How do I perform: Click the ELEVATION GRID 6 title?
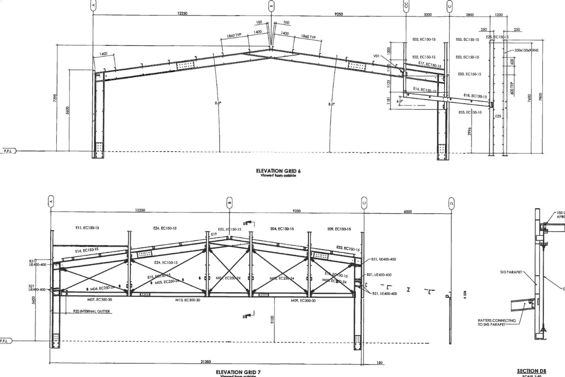278,171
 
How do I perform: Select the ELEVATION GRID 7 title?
238,372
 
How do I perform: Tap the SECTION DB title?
531,371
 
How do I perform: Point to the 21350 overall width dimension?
205,362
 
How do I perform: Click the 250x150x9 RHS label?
526,50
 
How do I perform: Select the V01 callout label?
377,56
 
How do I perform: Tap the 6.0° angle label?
399,101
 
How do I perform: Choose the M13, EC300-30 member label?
188,300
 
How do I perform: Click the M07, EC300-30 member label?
99,300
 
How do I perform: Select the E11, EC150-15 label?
87,228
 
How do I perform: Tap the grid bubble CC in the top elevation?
406,5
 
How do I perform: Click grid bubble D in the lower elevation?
451,203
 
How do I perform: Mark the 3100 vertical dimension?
272,320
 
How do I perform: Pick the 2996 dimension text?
470,131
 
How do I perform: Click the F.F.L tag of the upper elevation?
8,151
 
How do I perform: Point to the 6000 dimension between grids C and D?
408,211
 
